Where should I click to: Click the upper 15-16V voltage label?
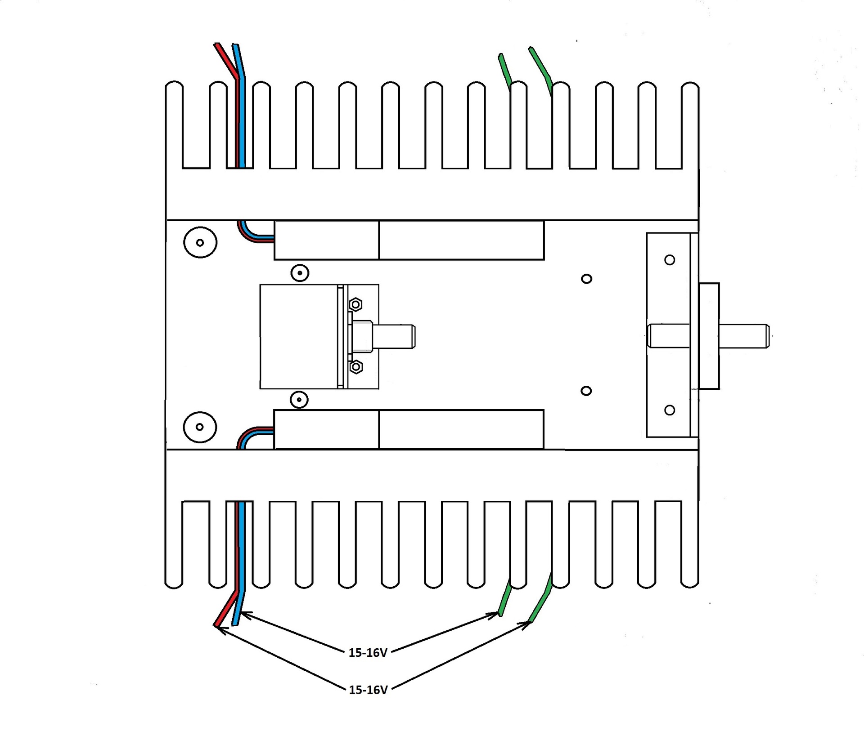368,653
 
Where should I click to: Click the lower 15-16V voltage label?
368,690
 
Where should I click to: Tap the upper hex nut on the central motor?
356,305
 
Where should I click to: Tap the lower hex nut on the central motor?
356,367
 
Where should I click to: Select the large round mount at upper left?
200,242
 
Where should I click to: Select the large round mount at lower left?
200,427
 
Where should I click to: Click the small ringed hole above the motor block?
300,273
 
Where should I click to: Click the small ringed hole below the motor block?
299,399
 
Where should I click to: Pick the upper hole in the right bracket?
670,260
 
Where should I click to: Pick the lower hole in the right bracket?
670,410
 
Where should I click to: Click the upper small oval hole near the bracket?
586,279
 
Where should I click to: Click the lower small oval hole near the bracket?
586,391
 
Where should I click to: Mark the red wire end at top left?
216,45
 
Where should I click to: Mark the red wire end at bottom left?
216,624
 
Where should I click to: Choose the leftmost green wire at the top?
504,72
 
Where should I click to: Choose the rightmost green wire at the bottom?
540,598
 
